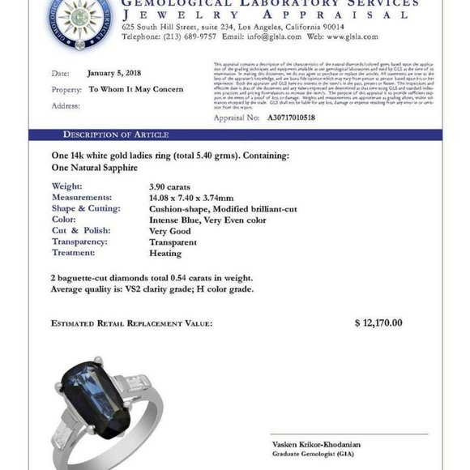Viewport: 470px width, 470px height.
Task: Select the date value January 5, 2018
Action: tap(114, 74)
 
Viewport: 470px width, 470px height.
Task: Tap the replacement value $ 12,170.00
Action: tap(378, 323)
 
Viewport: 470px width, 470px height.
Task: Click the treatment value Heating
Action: tap(154, 252)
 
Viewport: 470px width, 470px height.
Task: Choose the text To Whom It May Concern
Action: tap(135, 89)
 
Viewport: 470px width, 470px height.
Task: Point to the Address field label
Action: tap(66, 105)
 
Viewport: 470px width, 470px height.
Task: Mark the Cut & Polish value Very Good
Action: tap(158, 230)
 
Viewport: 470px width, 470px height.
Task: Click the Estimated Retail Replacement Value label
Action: tap(131, 323)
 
